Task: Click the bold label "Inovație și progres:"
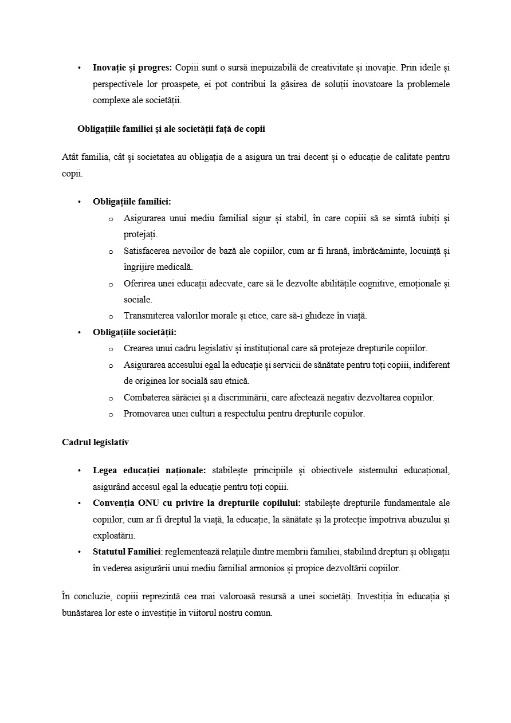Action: click(132, 68)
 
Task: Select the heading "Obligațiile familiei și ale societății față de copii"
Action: click(171, 129)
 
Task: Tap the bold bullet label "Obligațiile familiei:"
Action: click(132, 202)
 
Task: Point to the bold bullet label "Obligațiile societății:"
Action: click(135, 332)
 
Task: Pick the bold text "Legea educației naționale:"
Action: click(150, 470)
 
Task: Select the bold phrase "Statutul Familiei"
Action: click(126, 552)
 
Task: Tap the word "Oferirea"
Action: click(140, 284)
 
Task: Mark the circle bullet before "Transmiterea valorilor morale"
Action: click(111, 316)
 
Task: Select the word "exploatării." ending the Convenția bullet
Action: click(114, 536)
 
